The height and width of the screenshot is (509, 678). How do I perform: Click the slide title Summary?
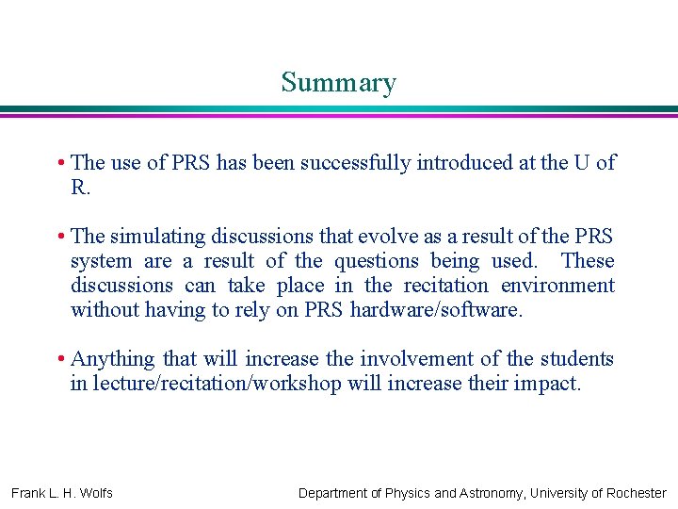(338, 83)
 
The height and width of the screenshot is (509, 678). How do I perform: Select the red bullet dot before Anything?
(60, 359)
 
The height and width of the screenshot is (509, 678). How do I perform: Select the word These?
(588, 261)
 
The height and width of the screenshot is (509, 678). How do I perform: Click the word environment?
(557, 286)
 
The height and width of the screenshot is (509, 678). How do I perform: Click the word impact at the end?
(550, 384)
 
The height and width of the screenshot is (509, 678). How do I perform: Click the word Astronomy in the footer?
(492, 493)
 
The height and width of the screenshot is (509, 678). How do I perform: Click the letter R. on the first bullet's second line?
(80, 188)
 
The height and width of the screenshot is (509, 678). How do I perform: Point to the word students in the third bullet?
(576, 359)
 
